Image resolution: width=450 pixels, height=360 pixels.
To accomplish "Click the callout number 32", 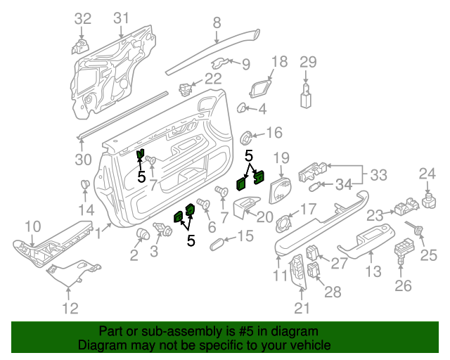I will pyautogui.click(x=83, y=18).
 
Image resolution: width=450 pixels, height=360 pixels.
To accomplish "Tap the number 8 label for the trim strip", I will pyautogui.click(x=217, y=22).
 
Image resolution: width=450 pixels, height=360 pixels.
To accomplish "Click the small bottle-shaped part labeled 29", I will pyautogui.click(x=307, y=96).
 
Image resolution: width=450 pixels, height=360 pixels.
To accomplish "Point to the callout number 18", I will pyautogui.click(x=279, y=61).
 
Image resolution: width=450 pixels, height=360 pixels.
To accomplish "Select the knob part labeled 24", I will pyautogui.click(x=427, y=199).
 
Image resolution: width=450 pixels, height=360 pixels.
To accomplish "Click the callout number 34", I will pyautogui.click(x=343, y=185).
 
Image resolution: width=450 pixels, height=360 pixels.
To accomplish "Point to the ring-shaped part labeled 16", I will pyautogui.click(x=248, y=136).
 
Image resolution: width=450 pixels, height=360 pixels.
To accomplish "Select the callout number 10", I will pyautogui.click(x=33, y=226).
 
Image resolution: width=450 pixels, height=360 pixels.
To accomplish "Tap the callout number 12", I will pyautogui.click(x=70, y=307).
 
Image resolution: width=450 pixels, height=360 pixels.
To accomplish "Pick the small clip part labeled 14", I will pyautogui.click(x=85, y=186).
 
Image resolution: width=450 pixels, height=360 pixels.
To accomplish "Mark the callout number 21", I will pyautogui.click(x=302, y=307).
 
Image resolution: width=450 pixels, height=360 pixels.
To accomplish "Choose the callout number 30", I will pyautogui.click(x=83, y=160).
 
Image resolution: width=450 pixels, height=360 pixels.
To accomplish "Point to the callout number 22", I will pyautogui.click(x=213, y=78).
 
